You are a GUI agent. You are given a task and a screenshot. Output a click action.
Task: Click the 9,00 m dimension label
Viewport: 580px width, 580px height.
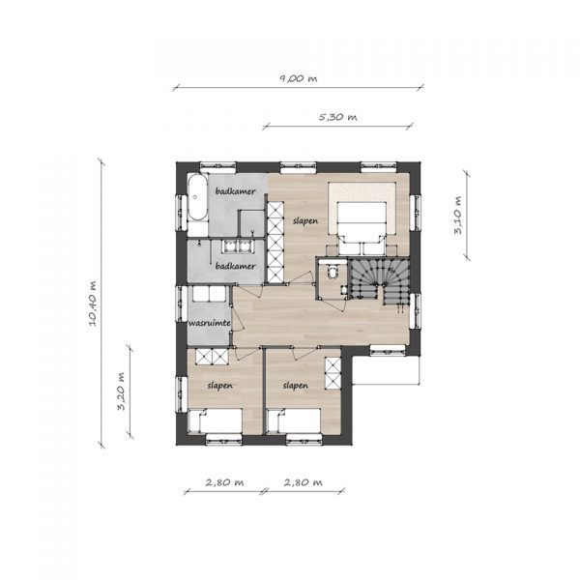point(299,78)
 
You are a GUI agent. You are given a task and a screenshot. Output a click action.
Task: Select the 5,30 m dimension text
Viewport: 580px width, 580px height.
point(338,117)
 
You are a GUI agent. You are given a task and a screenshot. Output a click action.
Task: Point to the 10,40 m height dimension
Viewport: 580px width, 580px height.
point(93,304)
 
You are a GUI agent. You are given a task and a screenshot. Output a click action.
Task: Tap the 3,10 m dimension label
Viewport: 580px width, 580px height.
point(458,215)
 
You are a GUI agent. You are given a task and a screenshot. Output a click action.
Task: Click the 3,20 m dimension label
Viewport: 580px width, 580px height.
point(121,391)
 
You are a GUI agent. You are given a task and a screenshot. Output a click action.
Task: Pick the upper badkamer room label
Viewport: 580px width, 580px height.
point(236,191)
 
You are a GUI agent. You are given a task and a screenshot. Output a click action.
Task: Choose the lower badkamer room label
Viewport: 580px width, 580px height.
point(236,266)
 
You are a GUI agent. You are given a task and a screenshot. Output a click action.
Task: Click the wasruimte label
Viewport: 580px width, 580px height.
point(210,323)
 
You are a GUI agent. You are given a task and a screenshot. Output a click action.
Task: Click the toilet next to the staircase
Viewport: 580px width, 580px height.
point(333,272)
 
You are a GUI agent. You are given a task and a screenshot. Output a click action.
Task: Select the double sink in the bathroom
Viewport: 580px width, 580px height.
point(237,246)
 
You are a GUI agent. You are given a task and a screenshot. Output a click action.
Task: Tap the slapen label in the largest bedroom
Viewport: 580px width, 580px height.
point(305,220)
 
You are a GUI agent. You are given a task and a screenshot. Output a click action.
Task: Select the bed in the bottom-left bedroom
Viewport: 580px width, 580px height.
point(216,420)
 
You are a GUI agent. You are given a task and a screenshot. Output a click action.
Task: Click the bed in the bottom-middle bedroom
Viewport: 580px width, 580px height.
point(293,420)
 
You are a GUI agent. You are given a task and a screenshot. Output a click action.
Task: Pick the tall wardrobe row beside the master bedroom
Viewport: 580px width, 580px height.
point(275,243)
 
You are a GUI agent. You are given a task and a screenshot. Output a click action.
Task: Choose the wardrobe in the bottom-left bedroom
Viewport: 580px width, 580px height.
point(212,356)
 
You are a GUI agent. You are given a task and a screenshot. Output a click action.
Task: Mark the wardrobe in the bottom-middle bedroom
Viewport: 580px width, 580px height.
point(333,373)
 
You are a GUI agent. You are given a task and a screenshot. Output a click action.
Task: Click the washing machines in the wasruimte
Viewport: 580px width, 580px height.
point(209,293)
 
